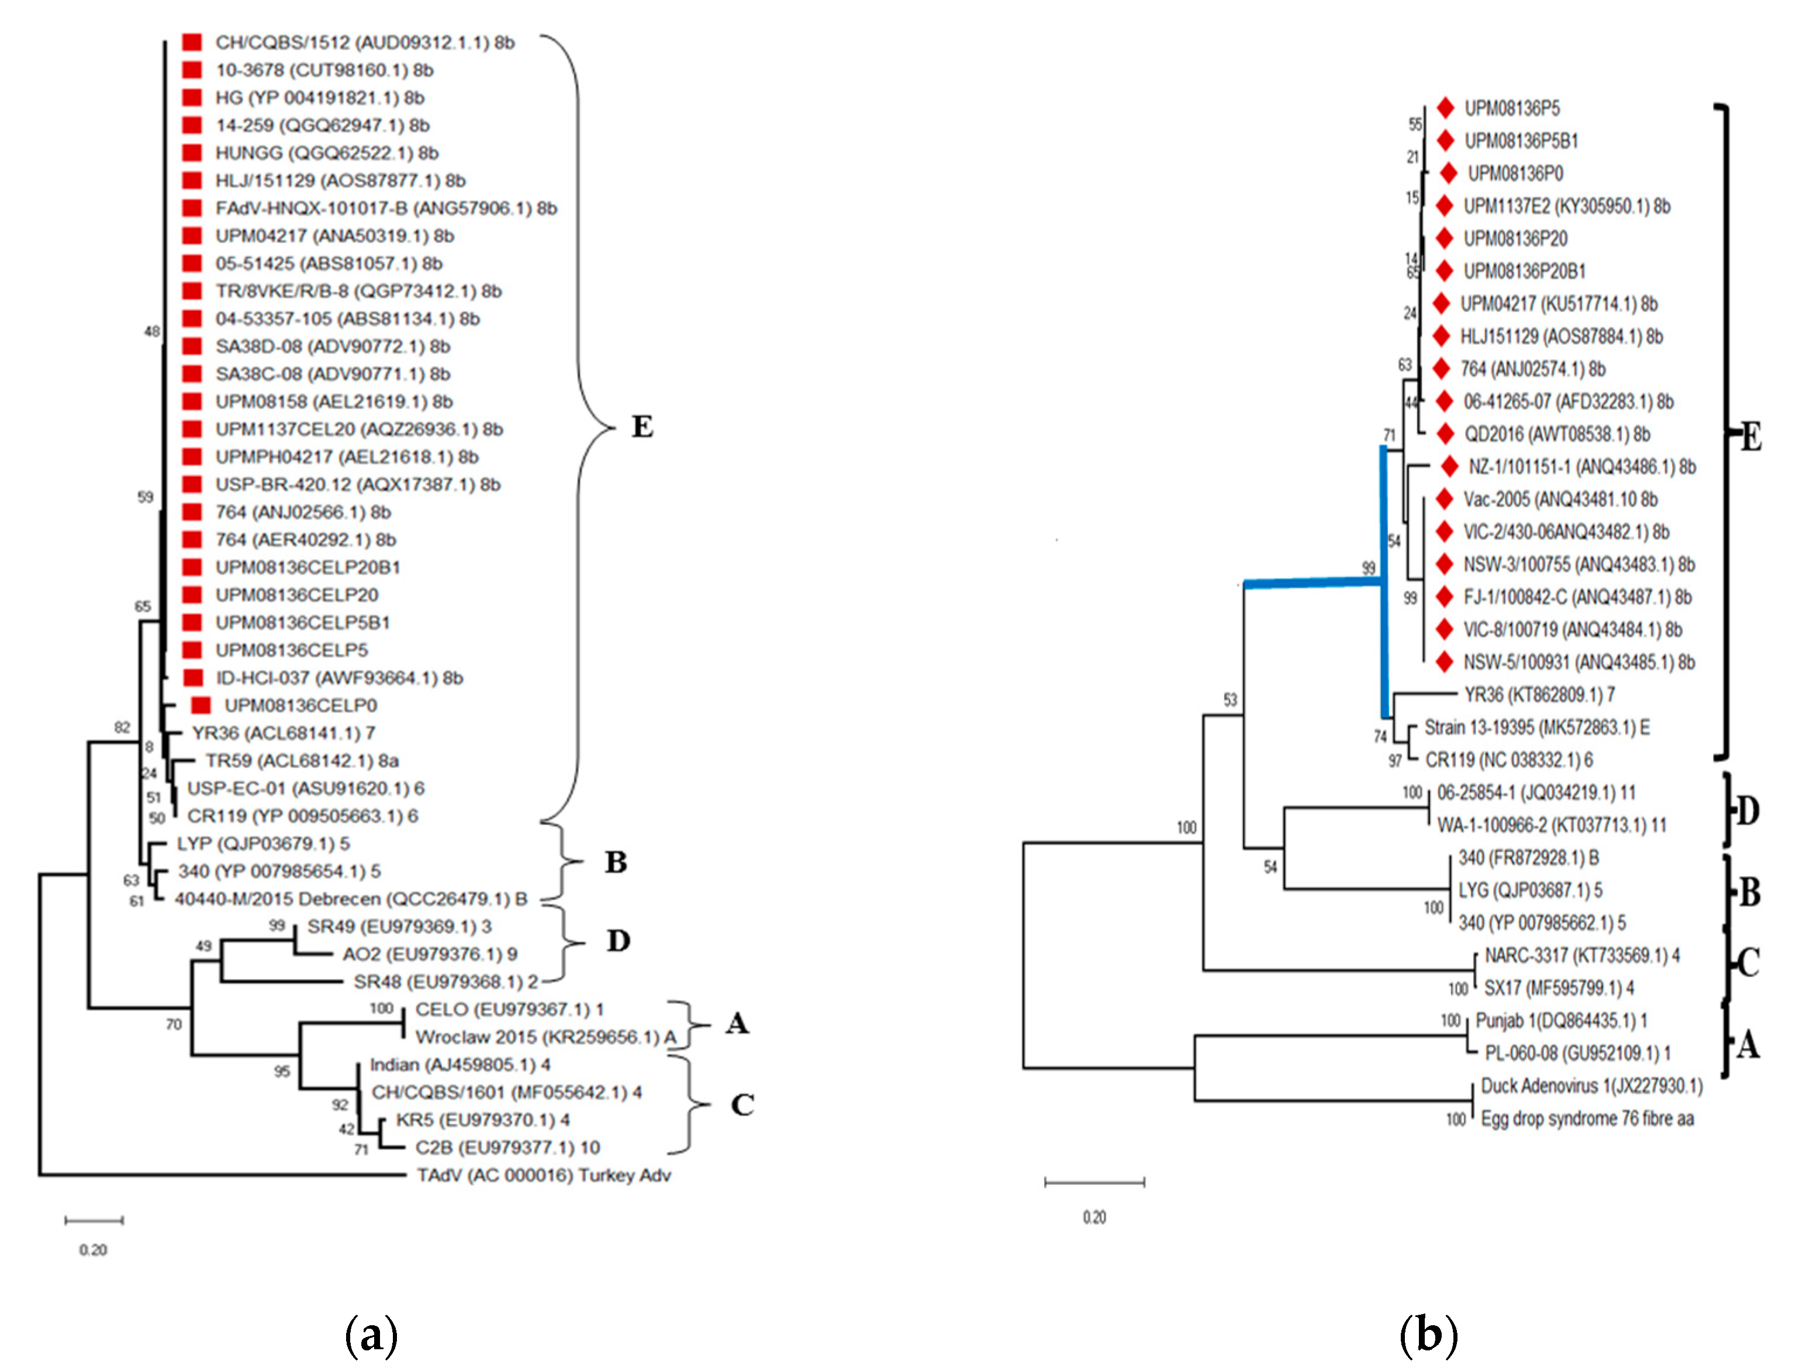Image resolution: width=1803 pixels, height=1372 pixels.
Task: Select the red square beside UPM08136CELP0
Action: [x=200, y=705]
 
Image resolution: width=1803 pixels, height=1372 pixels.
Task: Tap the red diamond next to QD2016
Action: [x=1445, y=434]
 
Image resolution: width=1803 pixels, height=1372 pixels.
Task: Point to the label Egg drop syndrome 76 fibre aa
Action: [x=1587, y=1118]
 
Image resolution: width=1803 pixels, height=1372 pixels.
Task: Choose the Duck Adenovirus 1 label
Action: [x=1591, y=1085]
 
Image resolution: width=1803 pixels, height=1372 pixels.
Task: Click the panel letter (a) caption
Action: [x=372, y=1336]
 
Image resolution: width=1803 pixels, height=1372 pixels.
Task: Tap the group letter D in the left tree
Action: [x=619, y=941]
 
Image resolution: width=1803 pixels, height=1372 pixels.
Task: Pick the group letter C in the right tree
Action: [x=1748, y=963]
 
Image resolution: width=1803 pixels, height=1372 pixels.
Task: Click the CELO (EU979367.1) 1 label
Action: [x=509, y=1009]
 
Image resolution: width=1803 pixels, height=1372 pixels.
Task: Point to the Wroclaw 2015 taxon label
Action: [x=545, y=1037]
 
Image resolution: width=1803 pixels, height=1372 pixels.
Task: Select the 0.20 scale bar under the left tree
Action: [x=94, y=1220]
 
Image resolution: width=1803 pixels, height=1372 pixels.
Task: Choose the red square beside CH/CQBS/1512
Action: [x=192, y=43]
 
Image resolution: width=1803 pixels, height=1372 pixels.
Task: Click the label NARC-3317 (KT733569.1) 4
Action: [x=1581, y=955]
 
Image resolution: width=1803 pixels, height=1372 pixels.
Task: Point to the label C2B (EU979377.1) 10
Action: [x=507, y=1148]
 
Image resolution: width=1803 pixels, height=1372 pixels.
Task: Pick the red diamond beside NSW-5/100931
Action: [x=1445, y=661]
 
